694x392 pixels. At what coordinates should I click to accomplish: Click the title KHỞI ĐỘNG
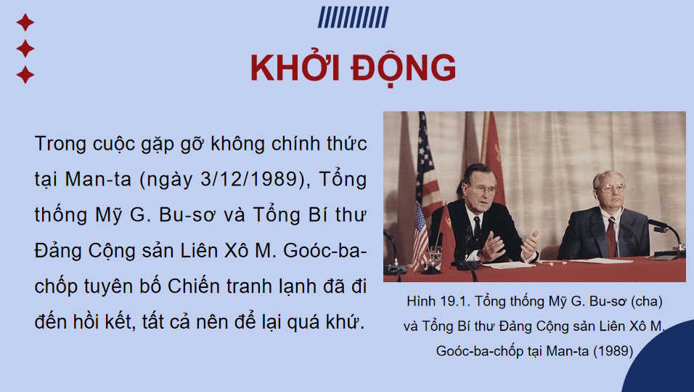pos(353,68)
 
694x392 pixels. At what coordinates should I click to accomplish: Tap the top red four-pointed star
pos(25,23)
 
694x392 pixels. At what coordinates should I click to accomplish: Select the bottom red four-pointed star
pos(25,74)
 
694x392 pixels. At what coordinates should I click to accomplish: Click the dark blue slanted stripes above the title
pos(353,17)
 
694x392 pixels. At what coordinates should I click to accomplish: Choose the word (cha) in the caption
pos(645,301)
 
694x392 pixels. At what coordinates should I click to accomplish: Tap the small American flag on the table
pos(420,233)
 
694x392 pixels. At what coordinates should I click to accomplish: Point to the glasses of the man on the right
pos(612,188)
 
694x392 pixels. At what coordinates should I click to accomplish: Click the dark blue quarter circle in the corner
pos(664,364)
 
